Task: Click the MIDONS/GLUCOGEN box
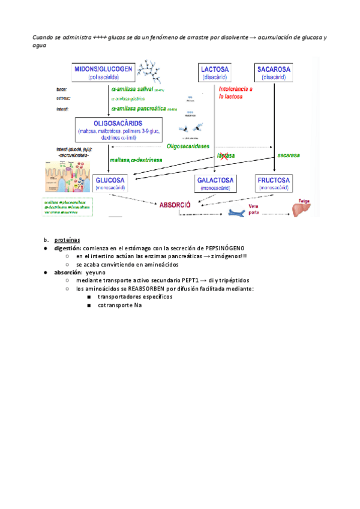[x=104, y=73]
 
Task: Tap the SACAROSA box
[x=274, y=73]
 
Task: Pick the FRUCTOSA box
[x=274, y=182]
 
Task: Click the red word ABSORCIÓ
[x=175, y=205]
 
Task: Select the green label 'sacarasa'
[x=289, y=155]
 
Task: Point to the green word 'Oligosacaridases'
[x=188, y=146]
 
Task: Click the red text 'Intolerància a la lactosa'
[x=235, y=92]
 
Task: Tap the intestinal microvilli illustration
[x=65, y=176]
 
